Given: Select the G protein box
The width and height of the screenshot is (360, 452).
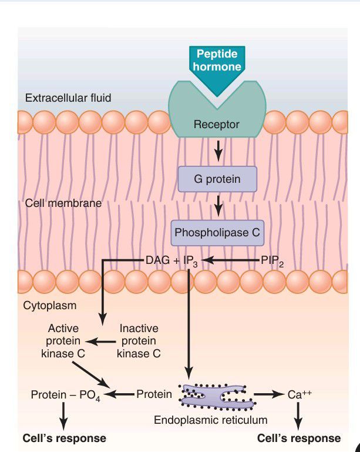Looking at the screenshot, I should (x=217, y=179).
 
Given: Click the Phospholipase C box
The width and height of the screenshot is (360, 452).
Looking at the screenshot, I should (x=217, y=232).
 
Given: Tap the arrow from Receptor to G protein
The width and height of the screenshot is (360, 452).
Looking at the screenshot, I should (x=218, y=151).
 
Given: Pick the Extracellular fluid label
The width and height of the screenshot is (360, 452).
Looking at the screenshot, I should (x=68, y=97).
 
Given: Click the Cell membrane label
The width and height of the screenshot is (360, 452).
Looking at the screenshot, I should (x=63, y=204).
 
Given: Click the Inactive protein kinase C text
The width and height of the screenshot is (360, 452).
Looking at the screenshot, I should (x=139, y=341).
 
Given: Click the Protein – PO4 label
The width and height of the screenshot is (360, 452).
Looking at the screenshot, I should (x=65, y=395).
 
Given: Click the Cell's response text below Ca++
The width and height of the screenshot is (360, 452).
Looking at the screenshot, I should (x=299, y=438).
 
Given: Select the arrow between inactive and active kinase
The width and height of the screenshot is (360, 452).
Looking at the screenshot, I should (x=100, y=341).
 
